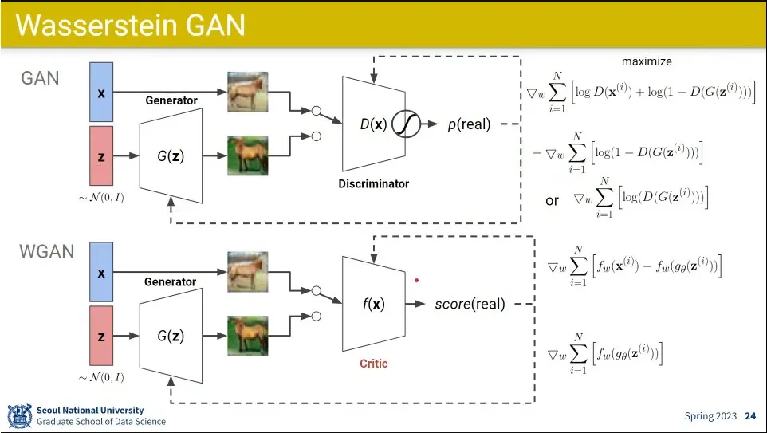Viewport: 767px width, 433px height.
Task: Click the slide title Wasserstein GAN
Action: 130,25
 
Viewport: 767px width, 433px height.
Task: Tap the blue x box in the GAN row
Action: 101,92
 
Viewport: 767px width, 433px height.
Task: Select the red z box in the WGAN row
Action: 101,336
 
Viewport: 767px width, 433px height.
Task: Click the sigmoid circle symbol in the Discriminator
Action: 406,124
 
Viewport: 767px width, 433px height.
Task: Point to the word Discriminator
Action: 374,184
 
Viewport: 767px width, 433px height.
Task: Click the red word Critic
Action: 374,364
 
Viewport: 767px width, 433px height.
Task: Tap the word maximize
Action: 647,61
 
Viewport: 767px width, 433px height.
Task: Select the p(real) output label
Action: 469,124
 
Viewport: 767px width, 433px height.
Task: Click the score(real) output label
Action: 470,304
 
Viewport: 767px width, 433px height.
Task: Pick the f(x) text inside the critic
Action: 374,304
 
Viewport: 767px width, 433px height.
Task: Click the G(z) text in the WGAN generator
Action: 171,336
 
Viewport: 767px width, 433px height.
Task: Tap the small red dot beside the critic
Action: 417,281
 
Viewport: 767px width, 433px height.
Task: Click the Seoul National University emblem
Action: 20,416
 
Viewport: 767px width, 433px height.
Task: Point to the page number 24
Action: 750,416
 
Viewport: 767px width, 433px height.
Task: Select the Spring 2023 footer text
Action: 710,416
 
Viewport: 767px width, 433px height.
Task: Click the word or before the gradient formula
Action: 552,201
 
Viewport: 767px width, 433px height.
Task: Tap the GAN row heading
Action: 40,78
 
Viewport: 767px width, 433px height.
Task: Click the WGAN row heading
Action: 47,251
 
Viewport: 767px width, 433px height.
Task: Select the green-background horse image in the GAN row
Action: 247,155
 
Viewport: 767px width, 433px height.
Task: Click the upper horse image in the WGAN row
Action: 247,272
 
